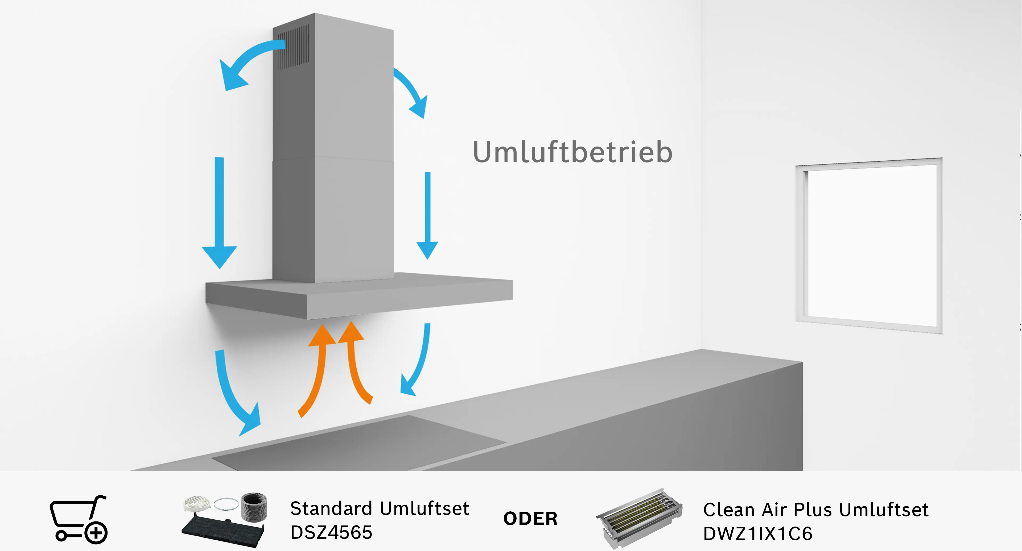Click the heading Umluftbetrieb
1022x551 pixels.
pos(572,152)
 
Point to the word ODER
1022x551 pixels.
pos(530,519)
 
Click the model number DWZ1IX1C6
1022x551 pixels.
pos(758,533)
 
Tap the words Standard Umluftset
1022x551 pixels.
pos(380,508)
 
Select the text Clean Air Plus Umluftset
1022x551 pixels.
pos(816,510)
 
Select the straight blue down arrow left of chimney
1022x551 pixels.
pos(219,213)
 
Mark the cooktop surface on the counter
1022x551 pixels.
pos(359,442)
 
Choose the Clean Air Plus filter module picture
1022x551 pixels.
pos(639,518)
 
